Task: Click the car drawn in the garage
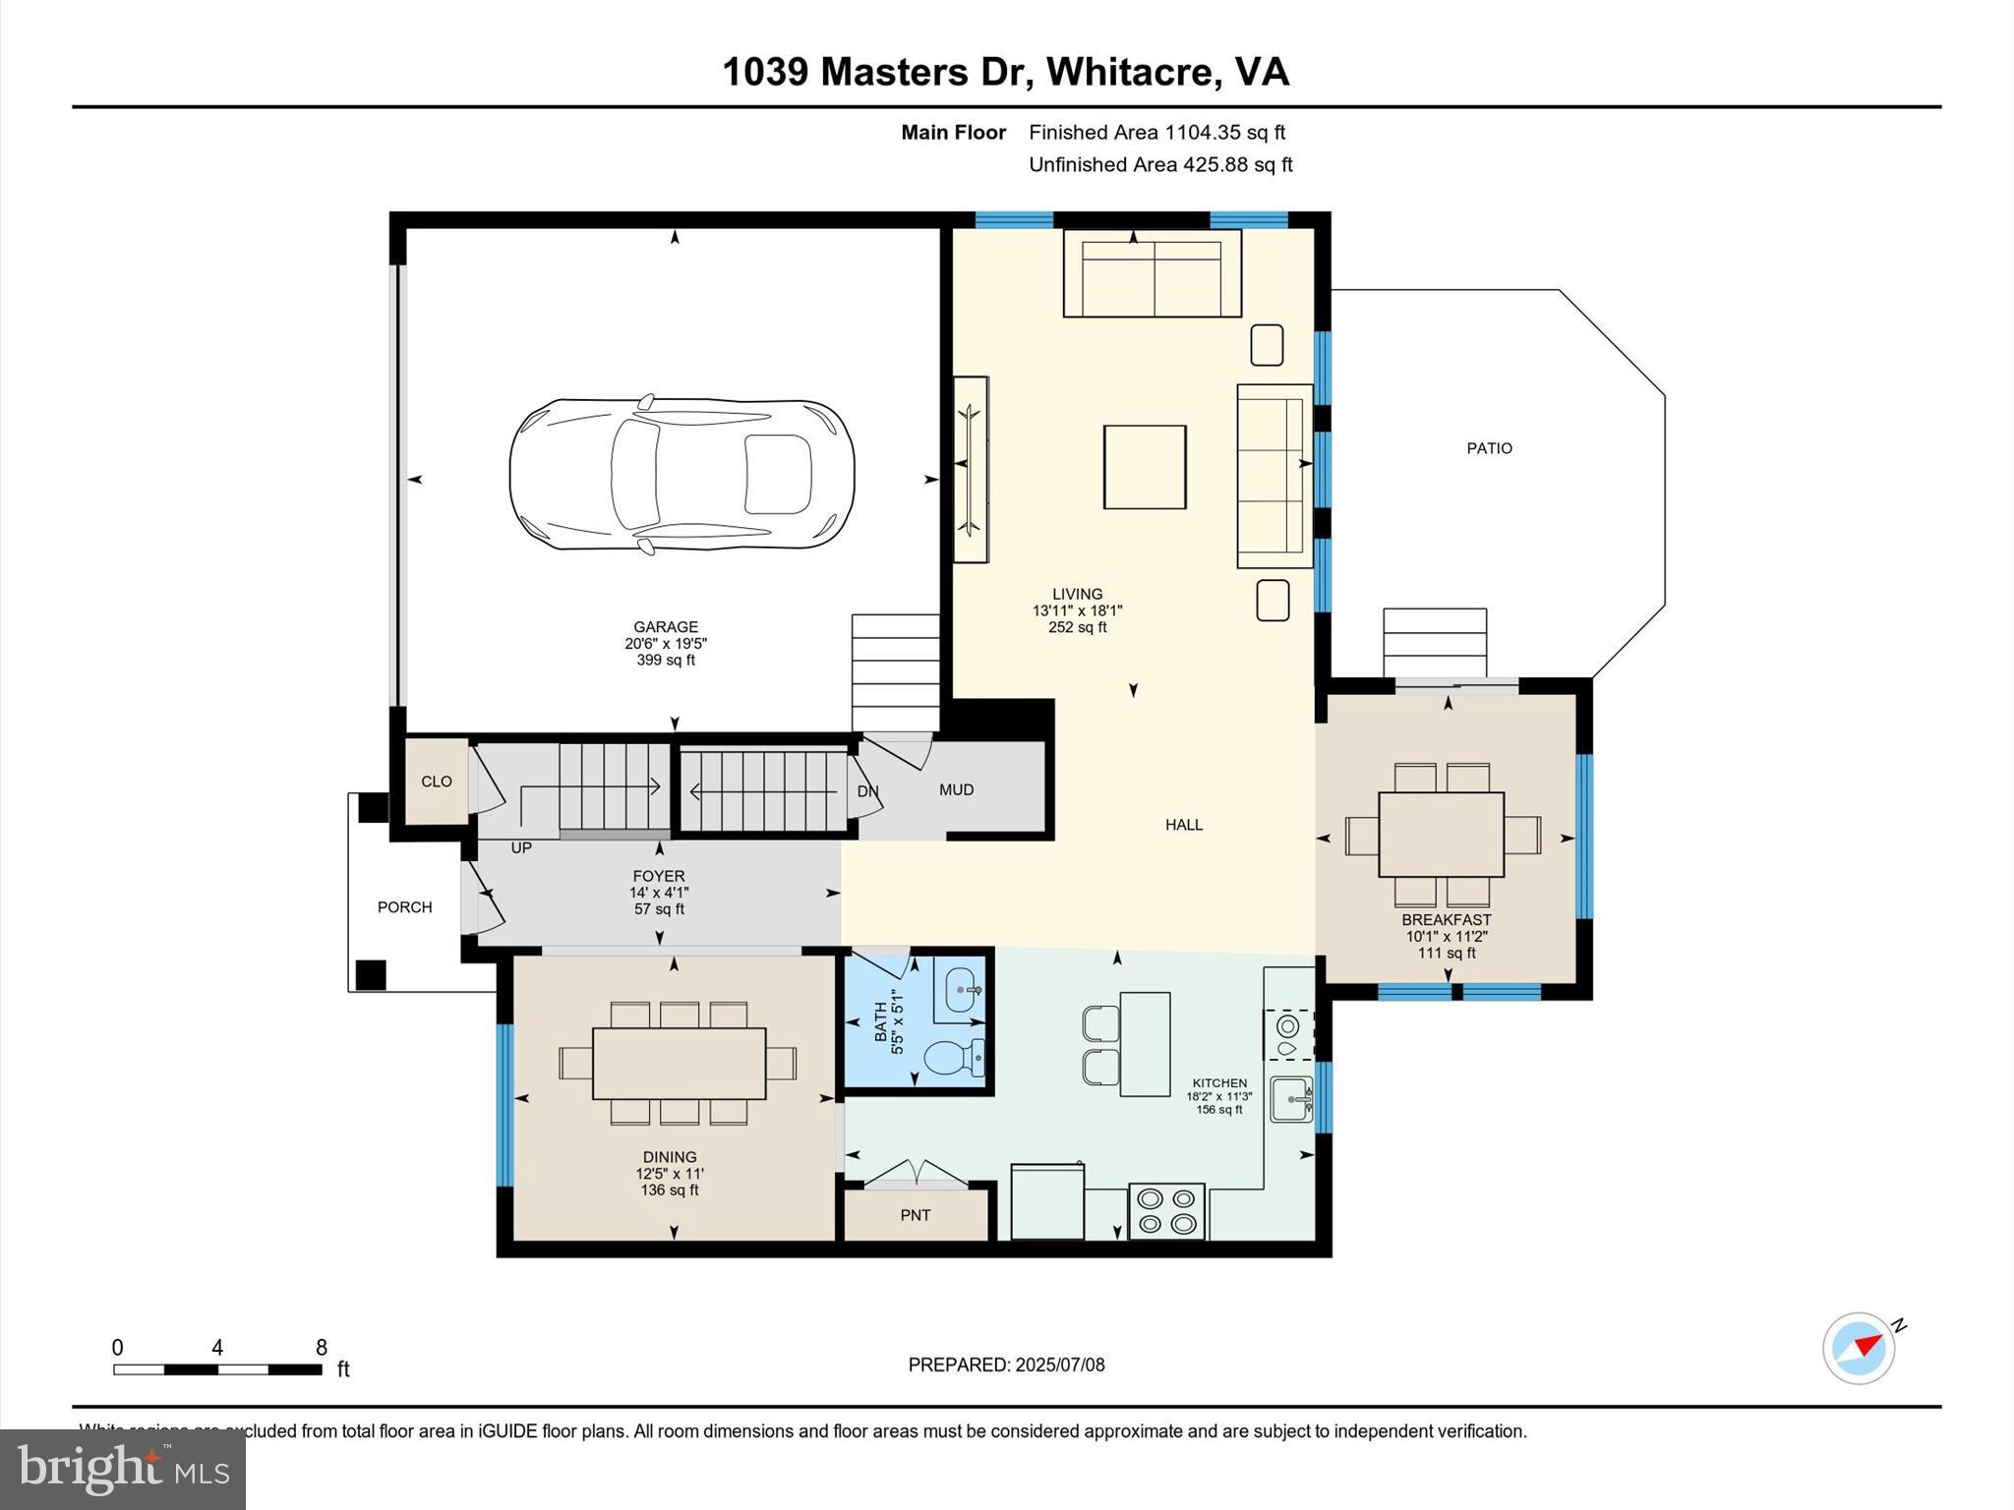pyautogui.click(x=681, y=475)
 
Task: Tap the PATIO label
pyautogui.click(x=1489, y=448)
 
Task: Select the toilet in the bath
pyautogui.click(x=954, y=1058)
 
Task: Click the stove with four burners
pyautogui.click(x=1167, y=1211)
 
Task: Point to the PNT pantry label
pyautogui.click(x=915, y=1216)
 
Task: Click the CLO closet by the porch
pyautogui.click(x=437, y=782)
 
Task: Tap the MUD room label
pyautogui.click(x=956, y=790)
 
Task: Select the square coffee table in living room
pyautogui.click(x=1145, y=467)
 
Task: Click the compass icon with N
pyautogui.click(x=1859, y=1348)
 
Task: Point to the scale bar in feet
pyautogui.click(x=217, y=1368)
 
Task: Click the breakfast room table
pyautogui.click(x=1441, y=835)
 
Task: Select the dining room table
pyautogui.click(x=679, y=1063)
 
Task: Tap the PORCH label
pyautogui.click(x=404, y=907)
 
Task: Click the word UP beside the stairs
pyautogui.click(x=521, y=847)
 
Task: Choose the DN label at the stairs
pyautogui.click(x=867, y=791)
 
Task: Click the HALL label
pyautogui.click(x=1184, y=825)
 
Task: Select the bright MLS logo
pyautogui.click(x=123, y=1469)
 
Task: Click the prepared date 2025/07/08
pyautogui.click(x=1006, y=1365)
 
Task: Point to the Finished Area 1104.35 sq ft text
pyautogui.click(x=1156, y=133)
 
